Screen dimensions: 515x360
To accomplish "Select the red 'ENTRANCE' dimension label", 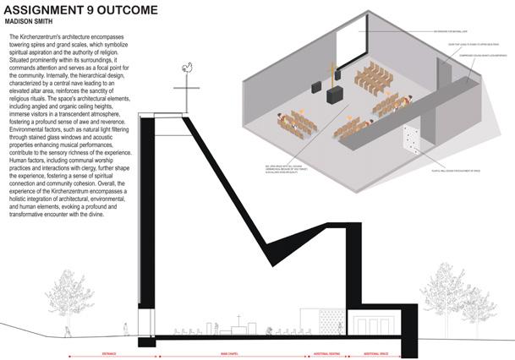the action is (112, 346).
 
